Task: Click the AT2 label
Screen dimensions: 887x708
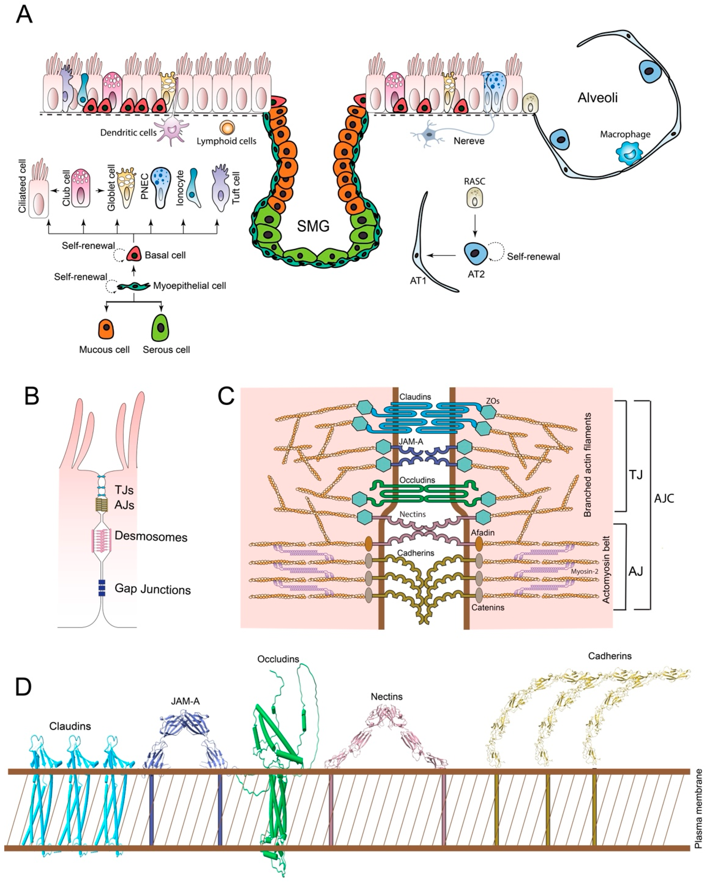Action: pos(476,274)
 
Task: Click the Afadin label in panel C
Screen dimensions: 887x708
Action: pos(483,532)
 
